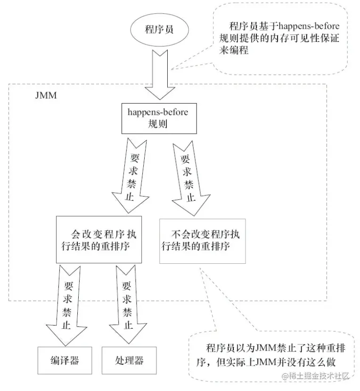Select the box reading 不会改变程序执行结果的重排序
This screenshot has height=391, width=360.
click(202, 239)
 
